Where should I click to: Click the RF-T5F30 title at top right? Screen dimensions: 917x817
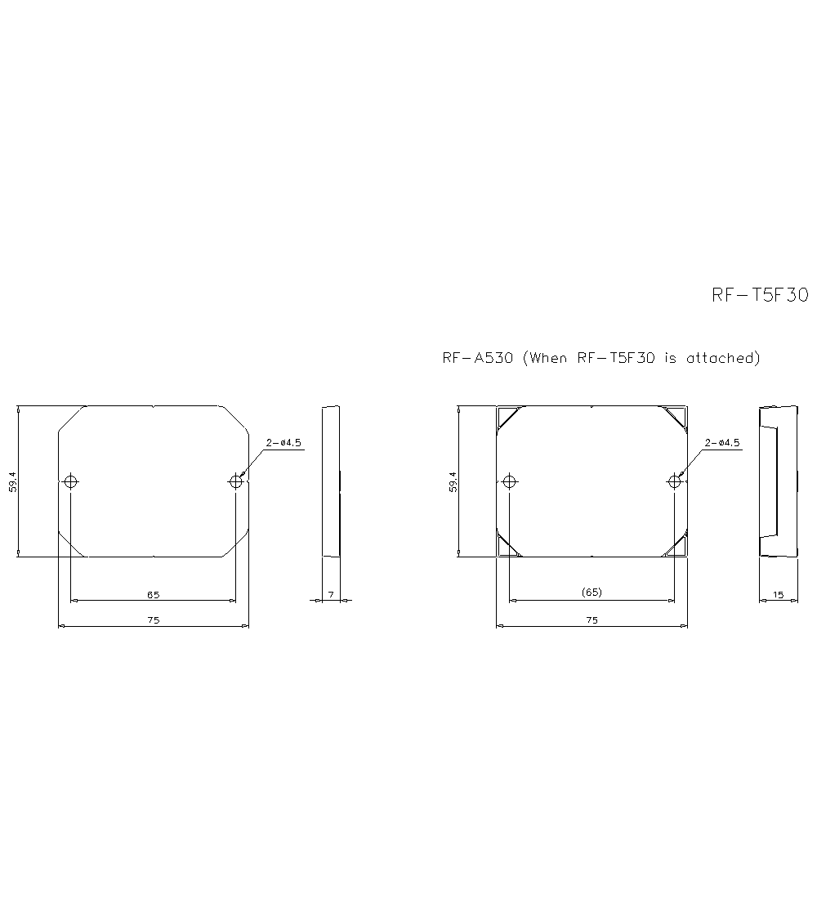click(x=760, y=296)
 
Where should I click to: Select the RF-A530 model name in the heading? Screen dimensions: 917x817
click(x=477, y=358)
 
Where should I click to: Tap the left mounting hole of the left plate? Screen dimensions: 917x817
click(x=71, y=481)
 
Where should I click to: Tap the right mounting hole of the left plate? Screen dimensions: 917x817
click(x=236, y=481)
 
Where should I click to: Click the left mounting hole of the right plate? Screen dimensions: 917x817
click(x=510, y=481)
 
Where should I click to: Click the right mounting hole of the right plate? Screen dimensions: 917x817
click(x=675, y=481)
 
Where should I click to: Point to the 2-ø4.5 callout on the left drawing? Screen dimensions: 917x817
click(x=283, y=443)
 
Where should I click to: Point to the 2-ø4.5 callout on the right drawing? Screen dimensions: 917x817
click(x=722, y=443)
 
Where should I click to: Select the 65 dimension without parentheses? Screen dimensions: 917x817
click(x=153, y=593)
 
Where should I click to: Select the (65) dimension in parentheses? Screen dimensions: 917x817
click(x=592, y=593)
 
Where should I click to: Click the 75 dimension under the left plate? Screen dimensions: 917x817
click(x=153, y=620)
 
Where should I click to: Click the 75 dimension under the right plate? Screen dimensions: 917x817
click(x=592, y=620)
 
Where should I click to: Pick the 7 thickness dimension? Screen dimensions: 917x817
click(x=331, y=594)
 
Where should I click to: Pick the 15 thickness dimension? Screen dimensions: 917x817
click(x=778, y=595)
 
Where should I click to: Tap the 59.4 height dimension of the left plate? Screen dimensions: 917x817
click(x=12, y=481)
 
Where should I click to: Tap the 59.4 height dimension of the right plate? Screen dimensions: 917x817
click(x=452, y=481)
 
